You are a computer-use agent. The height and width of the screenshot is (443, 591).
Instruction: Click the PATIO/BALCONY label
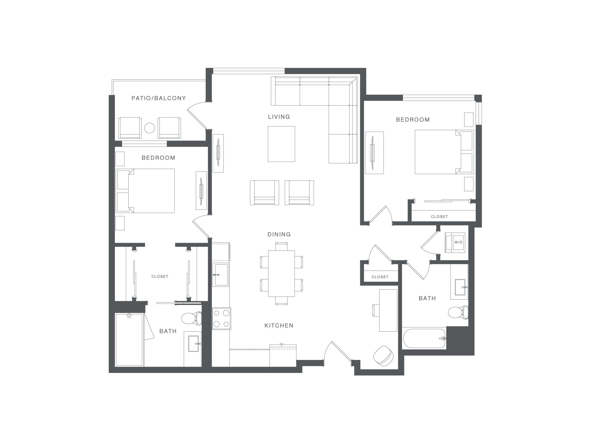pyautogui.click(x=159, y=98)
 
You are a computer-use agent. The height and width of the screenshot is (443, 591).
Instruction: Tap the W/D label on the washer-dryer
pyautogui.click(x=458, y=242)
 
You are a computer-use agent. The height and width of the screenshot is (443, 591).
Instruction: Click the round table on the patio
pyautogui.click(x=150, y=128)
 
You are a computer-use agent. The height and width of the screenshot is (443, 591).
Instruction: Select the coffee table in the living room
pyautogui.click(x=281, y=144)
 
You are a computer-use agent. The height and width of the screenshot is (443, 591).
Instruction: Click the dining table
pyautogui.click(x=281, y=273)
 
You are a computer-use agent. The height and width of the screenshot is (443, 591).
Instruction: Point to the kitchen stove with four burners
pyautogui.click(x=221, y=319)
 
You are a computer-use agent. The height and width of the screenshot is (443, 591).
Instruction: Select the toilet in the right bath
pyautogui.click(x=458, y=313)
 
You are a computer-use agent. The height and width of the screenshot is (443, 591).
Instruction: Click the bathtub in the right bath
pyautogui.click(x=424, y=338)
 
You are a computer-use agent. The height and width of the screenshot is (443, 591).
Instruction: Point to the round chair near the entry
pyautogui.click(x=383, y=356)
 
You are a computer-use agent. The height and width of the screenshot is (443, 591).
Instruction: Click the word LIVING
pyautogui.click(x=279, y=117)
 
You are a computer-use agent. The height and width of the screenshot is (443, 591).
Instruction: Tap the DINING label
pyautogui.click(x=279, y=234)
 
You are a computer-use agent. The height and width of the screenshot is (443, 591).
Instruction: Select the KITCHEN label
pyautogui.click(x=279, y=325)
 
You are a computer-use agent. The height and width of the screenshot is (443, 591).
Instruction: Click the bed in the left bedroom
pyautogui.click(x=145, y=191)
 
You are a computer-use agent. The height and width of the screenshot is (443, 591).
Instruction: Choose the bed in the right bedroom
pyautogui.click(x=444, y=152)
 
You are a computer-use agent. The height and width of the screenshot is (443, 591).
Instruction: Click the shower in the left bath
pyautogui.click(x=129, y=340)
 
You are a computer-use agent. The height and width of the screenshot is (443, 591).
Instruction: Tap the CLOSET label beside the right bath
pyautogui.click(x=380, y=277)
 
